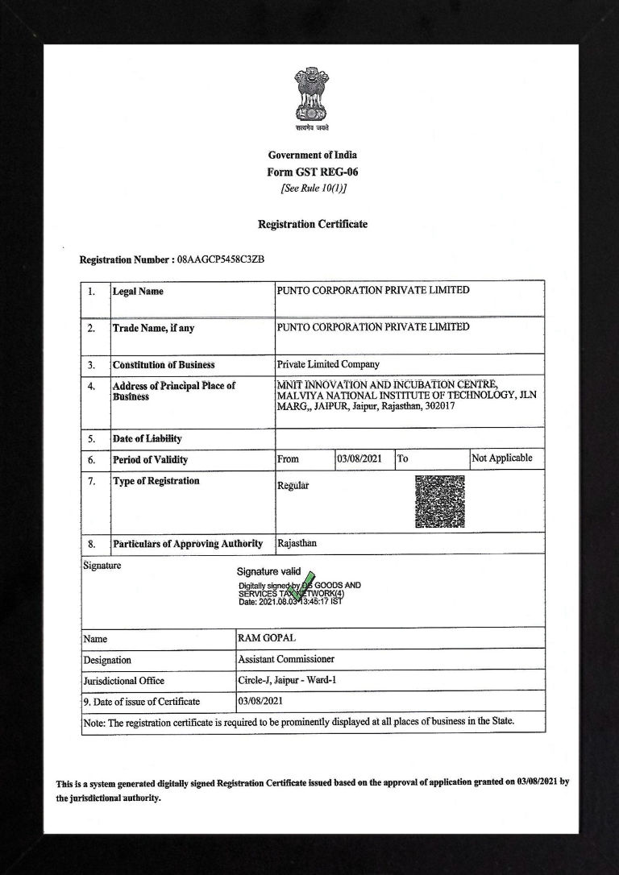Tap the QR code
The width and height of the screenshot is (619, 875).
(x=439, y=501)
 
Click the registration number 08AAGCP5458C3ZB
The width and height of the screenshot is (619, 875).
(x=220, y=260)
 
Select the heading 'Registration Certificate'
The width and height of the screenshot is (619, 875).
(x=312, y=224)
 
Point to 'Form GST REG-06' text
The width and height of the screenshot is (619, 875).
(x=312, y=172)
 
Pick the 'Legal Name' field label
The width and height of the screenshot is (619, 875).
(x=138, y=291)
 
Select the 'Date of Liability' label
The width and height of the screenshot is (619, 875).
(x=147, y=439)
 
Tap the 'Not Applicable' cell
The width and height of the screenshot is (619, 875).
(x=502, y=458)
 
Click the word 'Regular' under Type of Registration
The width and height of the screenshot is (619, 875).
(x=293, y=486)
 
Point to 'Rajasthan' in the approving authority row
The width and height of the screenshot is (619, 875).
(x=297, y=544)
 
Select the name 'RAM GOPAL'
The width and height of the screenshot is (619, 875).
(x=267, y=638)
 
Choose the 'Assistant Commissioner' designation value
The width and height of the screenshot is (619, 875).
(x=286, y=660)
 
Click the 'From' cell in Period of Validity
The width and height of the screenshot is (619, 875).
(x=288, y=459)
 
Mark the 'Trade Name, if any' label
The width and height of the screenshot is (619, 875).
(x=153, y=329)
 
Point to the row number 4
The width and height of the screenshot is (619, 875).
(x=92, y=386)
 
